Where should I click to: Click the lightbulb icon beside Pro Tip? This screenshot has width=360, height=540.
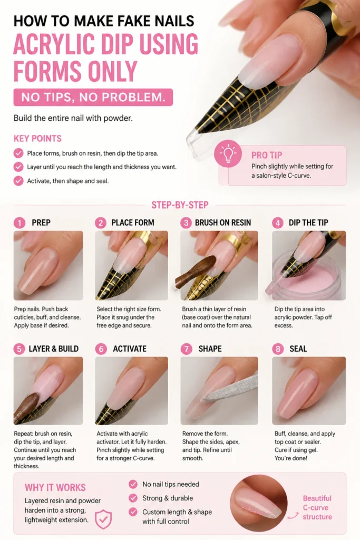pyautogui.click(x=228, y=154)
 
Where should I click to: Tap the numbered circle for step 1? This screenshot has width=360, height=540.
pyautogui.click(x=20, y=223)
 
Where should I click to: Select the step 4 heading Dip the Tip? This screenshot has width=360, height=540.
pyautogui.click(x=308, y=223)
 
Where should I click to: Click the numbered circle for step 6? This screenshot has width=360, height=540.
pyautogui.click(x=101, y=349)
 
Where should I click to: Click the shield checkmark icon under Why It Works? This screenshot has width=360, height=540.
pyautogui.click(x=103, y=519)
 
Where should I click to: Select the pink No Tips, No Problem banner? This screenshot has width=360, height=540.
pyautogui.click(x=93, y=97)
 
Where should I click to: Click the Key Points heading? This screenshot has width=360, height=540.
pyautogui.click(x=37, y=139)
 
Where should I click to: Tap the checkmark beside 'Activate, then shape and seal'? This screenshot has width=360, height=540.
pyautogui.click(x=18, y=181)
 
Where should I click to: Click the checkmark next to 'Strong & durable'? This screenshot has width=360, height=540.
pyautogui.click(x=133, y=498)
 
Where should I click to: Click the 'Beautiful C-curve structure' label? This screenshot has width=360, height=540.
pyautogui.click(x=317, y=507)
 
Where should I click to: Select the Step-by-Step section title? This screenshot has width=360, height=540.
pyautogui.click(x=180, y=205)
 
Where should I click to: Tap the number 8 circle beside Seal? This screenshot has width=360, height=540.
pyautogui.click(x=278, y=349)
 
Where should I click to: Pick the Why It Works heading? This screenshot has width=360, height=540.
pyautogui.click(x=55, y=487)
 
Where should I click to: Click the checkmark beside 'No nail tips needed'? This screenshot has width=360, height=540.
pyautogui.click(x=133, y=484)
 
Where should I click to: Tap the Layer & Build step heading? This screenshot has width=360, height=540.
pyautogui.click(x=53, y=349)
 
